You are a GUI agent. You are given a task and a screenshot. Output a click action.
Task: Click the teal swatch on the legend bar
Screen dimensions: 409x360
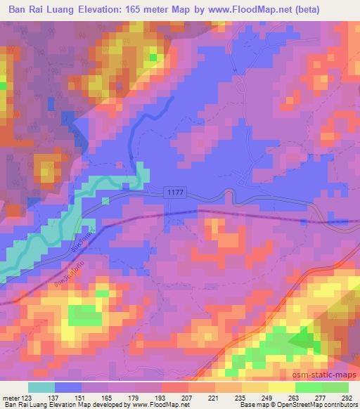41,387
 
